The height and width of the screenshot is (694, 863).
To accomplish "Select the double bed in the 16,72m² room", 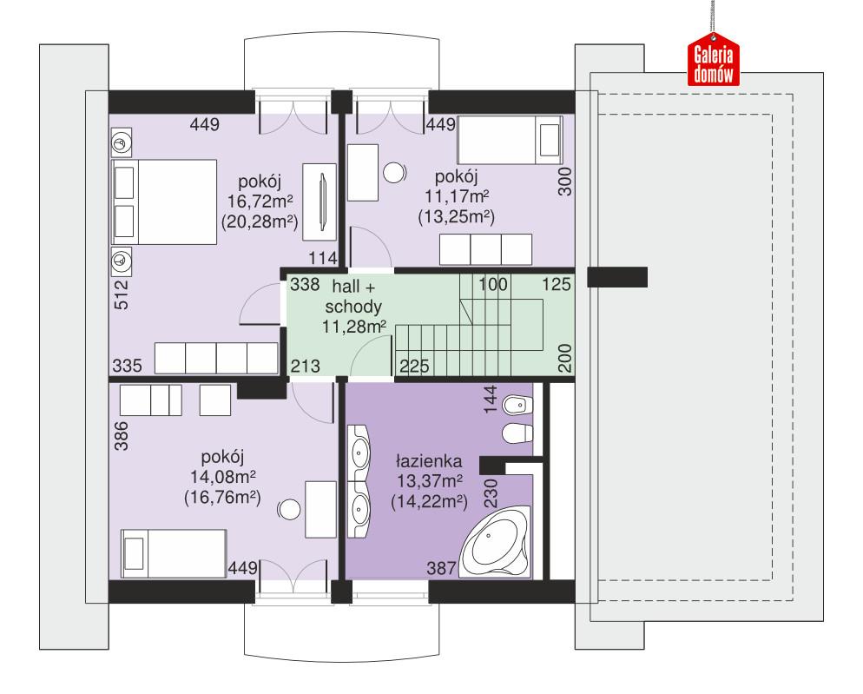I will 163,202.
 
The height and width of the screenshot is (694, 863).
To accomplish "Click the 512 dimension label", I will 121,294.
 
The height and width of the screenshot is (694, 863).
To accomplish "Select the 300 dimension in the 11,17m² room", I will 564,180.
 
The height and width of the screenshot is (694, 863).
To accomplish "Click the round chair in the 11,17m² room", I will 395,172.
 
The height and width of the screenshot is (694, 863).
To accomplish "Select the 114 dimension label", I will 322,258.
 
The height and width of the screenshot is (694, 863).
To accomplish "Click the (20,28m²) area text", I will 259,223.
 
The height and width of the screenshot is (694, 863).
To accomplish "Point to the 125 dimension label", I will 556,284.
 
